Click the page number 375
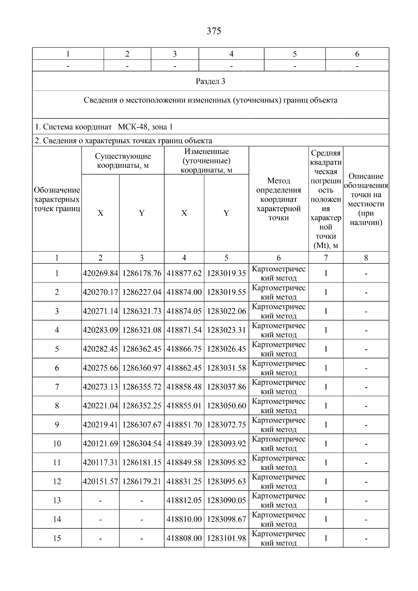coord(214,31)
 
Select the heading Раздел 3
coord(210,81)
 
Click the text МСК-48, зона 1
coord(145,127)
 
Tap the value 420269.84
coord(100,273)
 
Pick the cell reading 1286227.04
coord(142,292)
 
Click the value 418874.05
coord(184,311)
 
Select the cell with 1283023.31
coord(226,330)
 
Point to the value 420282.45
coord(100,349)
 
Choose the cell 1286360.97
coord(142,368)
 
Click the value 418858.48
coord(184,387)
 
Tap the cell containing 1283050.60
coord(226,406)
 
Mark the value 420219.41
coord(100,425)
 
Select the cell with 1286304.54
coord(142,444)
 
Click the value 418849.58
coord(184,462)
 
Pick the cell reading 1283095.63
coord(226,481)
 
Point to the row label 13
coord(57,500)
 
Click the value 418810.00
coord(184,519)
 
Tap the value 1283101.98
coord(226,538)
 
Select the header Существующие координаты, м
coord(123,161)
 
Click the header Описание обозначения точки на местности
coord(366,199)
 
